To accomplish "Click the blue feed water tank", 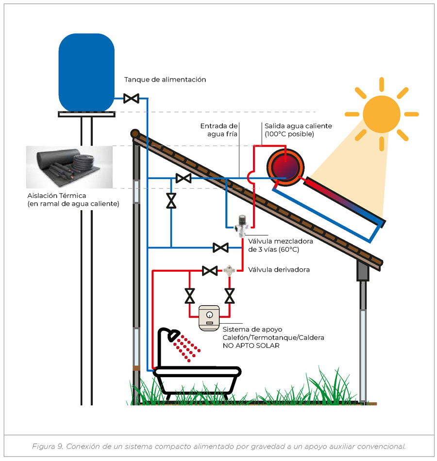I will (x=86, y=73).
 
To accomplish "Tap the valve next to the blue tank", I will (x=131, y=99).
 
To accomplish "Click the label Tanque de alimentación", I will (x=165, y=80).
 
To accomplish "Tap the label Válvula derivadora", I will (x=279, y=269).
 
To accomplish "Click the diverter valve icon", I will (x=229, y=270).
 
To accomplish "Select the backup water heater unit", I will (x=209, y=318).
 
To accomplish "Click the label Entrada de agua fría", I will (x=219, y=130).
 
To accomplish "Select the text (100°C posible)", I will (x=289, y=134).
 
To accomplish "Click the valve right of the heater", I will (x=229, y=295).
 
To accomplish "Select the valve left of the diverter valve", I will (x=210, y=270).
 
